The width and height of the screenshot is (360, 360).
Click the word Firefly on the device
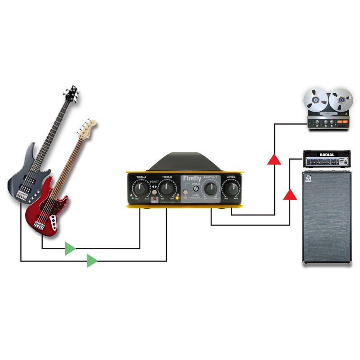[192, 179]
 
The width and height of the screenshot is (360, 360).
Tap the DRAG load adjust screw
[196, 189]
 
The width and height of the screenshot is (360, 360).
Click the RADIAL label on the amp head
[327, 155]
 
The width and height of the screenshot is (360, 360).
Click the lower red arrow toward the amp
[290, 194]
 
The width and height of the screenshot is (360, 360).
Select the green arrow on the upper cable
[70, 248]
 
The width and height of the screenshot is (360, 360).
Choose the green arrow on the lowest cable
[92, 261]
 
